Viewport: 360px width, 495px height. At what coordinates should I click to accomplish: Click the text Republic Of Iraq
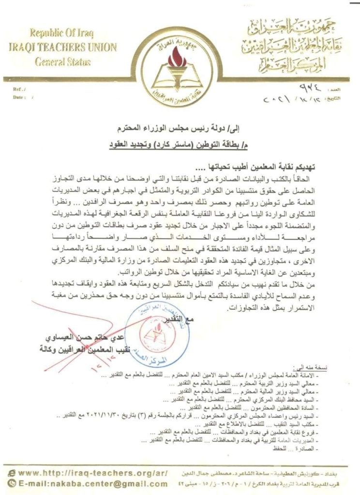click(x=61, y=33)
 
